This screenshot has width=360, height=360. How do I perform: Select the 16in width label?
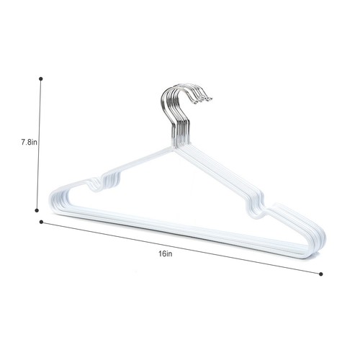coord(166,254)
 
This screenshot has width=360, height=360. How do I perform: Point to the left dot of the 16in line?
coord(41,222)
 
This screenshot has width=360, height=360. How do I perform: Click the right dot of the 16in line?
coord(320,273)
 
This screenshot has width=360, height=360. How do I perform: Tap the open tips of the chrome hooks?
coord(209,98)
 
